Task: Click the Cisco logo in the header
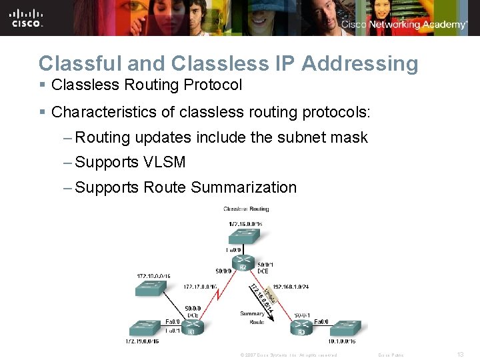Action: pos(27,18)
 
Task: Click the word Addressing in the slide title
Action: pos(360,63)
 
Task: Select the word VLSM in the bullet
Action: pos(164,162)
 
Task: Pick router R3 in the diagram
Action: pos(300,327)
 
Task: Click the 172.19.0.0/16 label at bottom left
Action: pos(141,341)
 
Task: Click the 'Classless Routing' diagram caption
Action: pos(245,209)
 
